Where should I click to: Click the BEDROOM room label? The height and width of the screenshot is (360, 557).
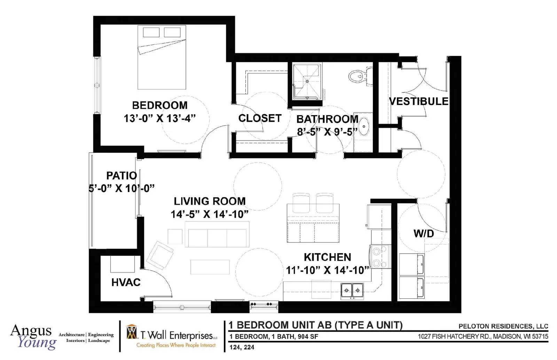coord(160,105)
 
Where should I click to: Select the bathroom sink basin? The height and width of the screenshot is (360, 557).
coord(364,126)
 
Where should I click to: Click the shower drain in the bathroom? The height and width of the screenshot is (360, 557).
coord(307,81)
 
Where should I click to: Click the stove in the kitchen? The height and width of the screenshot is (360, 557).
coord(380,257)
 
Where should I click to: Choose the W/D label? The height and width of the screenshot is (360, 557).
coord(424,233)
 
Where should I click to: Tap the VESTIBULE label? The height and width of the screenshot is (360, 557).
coord(418,101)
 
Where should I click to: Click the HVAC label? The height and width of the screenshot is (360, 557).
coord(126,282)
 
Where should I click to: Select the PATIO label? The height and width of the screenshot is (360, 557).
coord(121,176)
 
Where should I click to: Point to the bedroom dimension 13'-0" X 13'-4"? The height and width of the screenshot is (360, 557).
coord(160,118)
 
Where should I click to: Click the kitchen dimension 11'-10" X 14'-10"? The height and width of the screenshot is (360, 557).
coord(327,270)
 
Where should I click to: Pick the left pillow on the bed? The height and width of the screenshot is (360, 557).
coord(151,32)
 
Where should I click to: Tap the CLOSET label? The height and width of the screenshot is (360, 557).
coord(260,118)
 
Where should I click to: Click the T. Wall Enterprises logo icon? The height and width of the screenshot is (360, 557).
coord(132,332)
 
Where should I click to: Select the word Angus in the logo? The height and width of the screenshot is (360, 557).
coord(31,330)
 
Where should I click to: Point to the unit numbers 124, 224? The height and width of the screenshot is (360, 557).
coord(242,347)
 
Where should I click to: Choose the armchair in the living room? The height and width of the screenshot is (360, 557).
coord(160,255)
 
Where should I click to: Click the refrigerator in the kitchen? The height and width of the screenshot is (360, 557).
coord(379,217)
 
